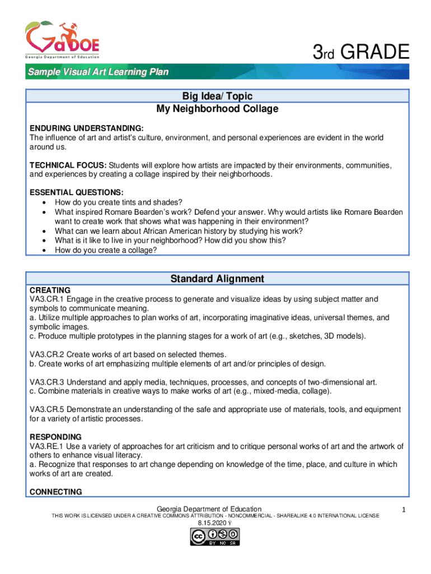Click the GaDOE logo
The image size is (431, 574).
point(62,40)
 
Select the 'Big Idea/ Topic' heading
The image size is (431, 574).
point(217,96)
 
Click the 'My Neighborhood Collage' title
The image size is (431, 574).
point(217,109)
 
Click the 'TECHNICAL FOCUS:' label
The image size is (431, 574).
point(68,165)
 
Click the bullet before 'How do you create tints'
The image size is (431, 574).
point(44,202)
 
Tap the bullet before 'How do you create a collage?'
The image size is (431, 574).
point(44,251)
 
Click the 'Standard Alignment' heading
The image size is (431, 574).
point(217,279)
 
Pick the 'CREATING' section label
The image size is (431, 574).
point(50,290)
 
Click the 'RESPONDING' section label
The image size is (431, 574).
point(55,437)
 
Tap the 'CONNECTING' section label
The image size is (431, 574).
point(55,492)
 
